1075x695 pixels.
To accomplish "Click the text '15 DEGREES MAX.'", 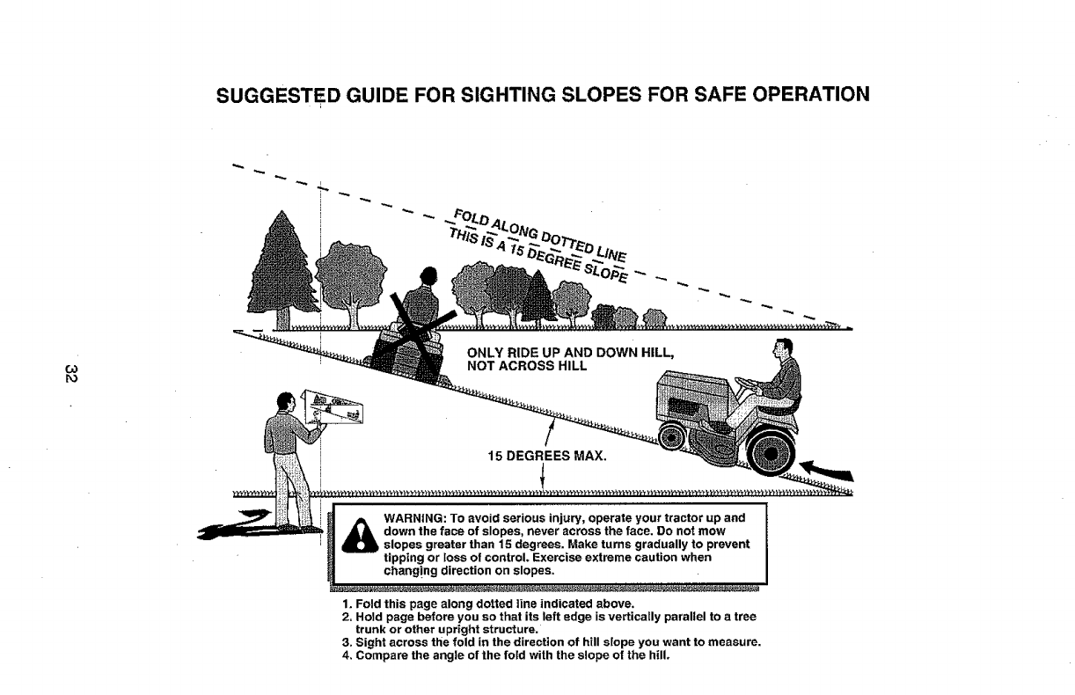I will pos(542,456).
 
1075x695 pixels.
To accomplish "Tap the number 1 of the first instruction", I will pos(346,603).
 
